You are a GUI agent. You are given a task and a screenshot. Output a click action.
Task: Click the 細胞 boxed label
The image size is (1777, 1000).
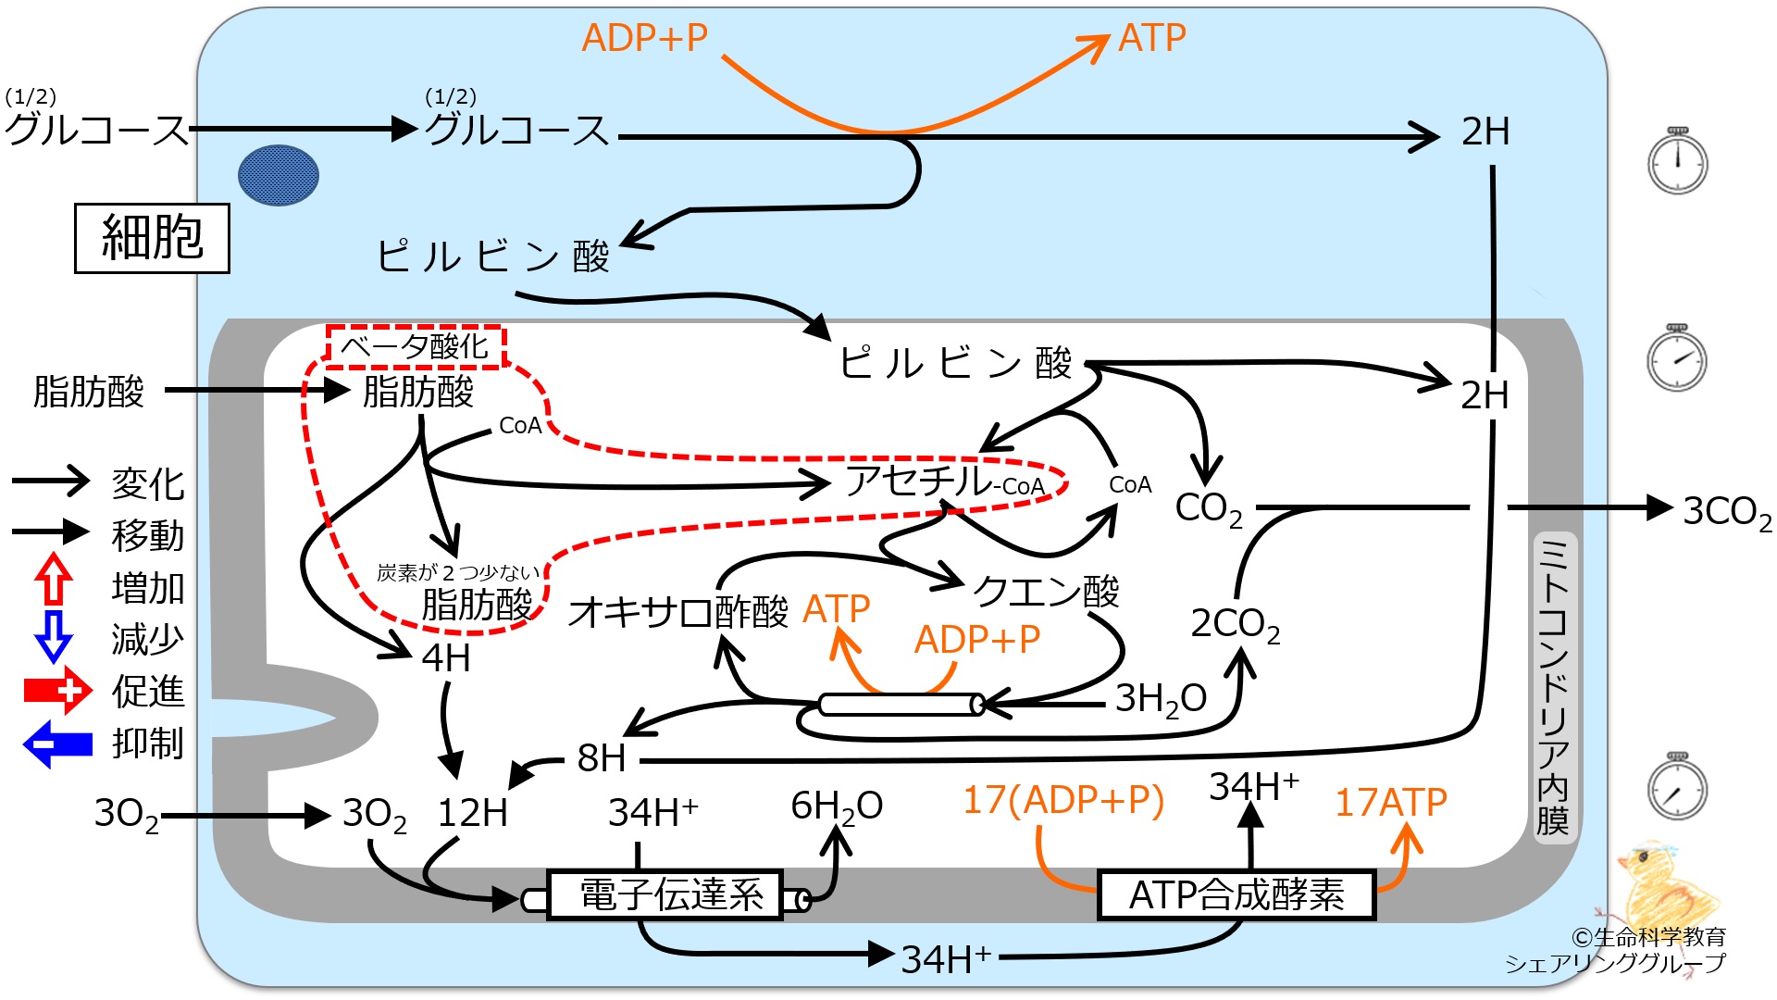click(x=152, y=238)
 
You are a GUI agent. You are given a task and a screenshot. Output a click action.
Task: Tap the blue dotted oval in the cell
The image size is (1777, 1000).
click(x=279, y=175)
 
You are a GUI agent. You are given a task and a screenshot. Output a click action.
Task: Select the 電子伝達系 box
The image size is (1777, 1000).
click(x=665, y=894)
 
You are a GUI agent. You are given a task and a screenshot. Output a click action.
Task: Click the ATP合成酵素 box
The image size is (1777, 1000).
click(x=1236, y=894)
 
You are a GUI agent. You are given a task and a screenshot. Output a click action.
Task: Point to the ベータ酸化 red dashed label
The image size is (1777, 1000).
click(x=416, y=347)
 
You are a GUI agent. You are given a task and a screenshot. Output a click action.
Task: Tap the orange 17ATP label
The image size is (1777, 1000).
click(x=1390, y=803)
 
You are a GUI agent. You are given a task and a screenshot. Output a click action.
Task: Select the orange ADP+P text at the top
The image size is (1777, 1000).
click(x=645, y=38)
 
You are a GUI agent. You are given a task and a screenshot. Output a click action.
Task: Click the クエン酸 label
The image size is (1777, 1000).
click(x=1046, y=591)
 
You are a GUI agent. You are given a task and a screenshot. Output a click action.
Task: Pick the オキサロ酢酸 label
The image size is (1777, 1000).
click(x=678, y=612)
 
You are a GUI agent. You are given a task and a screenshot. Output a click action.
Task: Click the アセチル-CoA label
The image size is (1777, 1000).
click(x=945, y=481)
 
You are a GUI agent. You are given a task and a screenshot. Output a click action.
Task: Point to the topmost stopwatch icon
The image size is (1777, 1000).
click(x=1677, y=161)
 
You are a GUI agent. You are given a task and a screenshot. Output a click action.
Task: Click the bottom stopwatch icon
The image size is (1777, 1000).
click(x=1677, y=787)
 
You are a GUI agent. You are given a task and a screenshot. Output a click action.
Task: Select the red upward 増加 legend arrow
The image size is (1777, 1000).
click(x=54, y=580)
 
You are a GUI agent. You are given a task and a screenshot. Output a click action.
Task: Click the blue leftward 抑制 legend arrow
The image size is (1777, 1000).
click(x=57, y=744)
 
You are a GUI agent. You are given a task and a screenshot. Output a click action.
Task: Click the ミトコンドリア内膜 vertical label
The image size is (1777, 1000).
click(x=1553, y=685)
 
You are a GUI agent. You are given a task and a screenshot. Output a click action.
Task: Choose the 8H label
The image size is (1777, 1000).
click(x=602, y=758)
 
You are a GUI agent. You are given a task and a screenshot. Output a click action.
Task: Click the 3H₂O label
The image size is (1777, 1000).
click(x=1161, y=700)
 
